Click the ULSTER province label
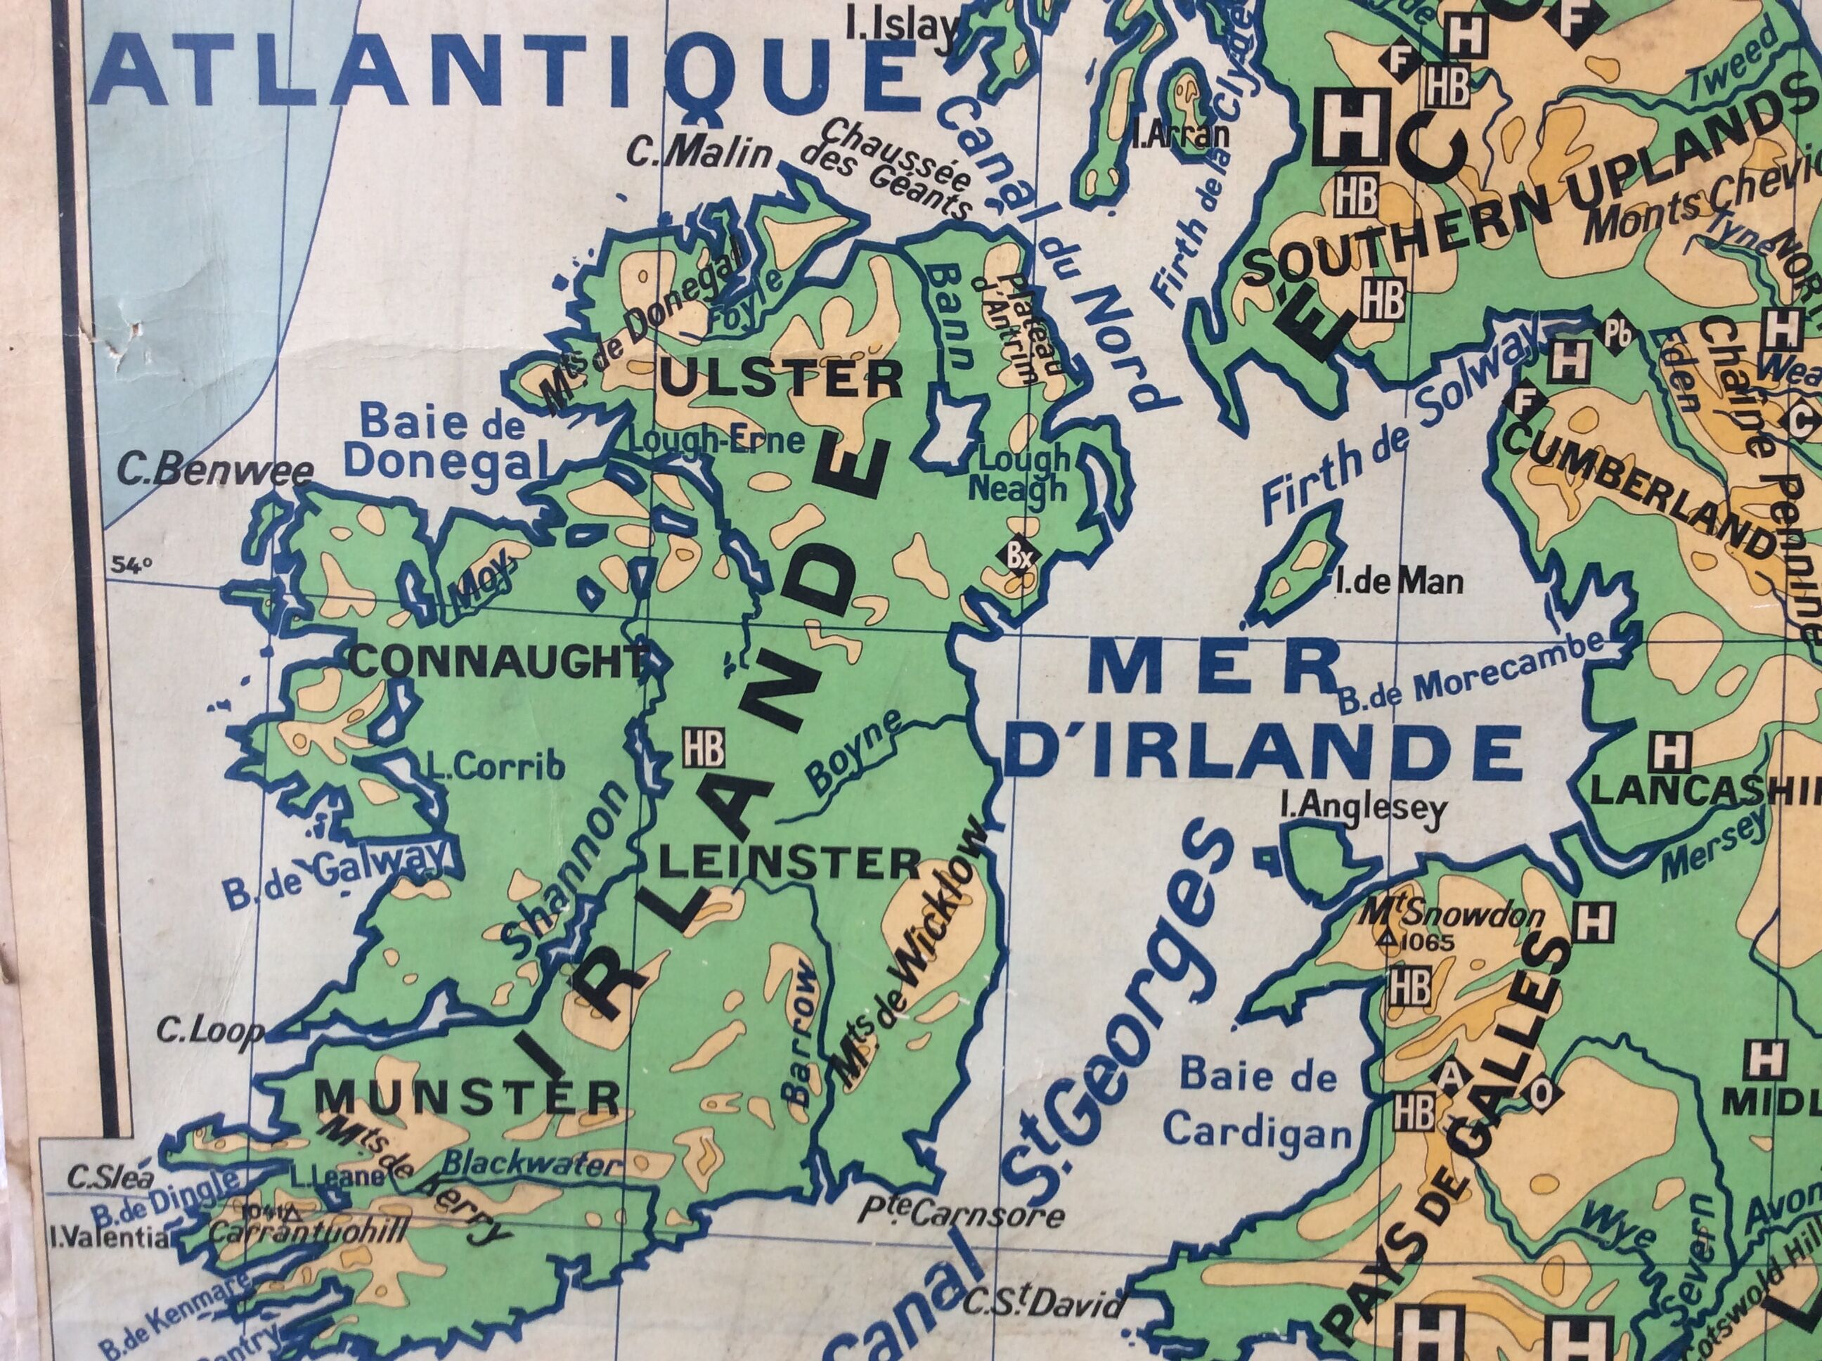782,380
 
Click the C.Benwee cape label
215,471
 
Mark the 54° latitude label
131,565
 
